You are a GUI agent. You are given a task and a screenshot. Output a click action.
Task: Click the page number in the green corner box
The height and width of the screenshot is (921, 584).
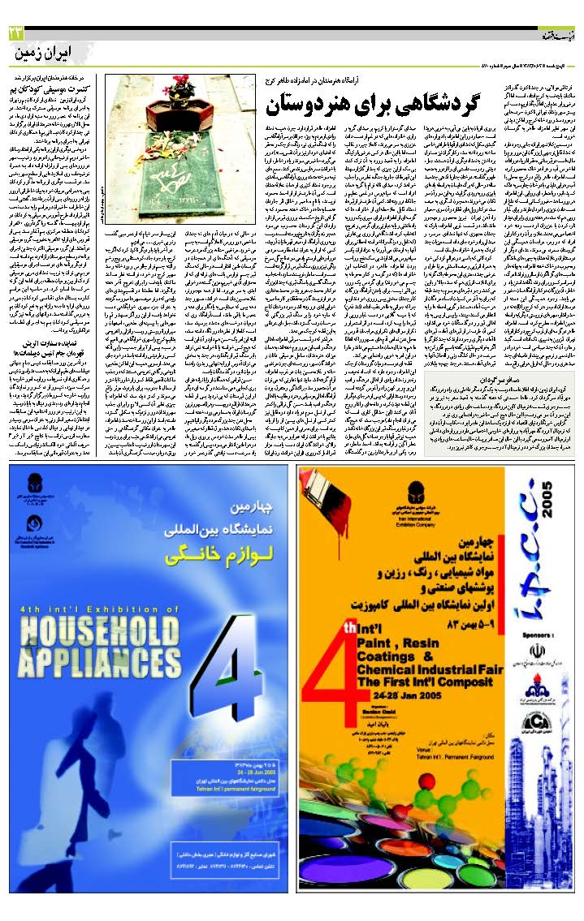(x=14, y=32)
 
